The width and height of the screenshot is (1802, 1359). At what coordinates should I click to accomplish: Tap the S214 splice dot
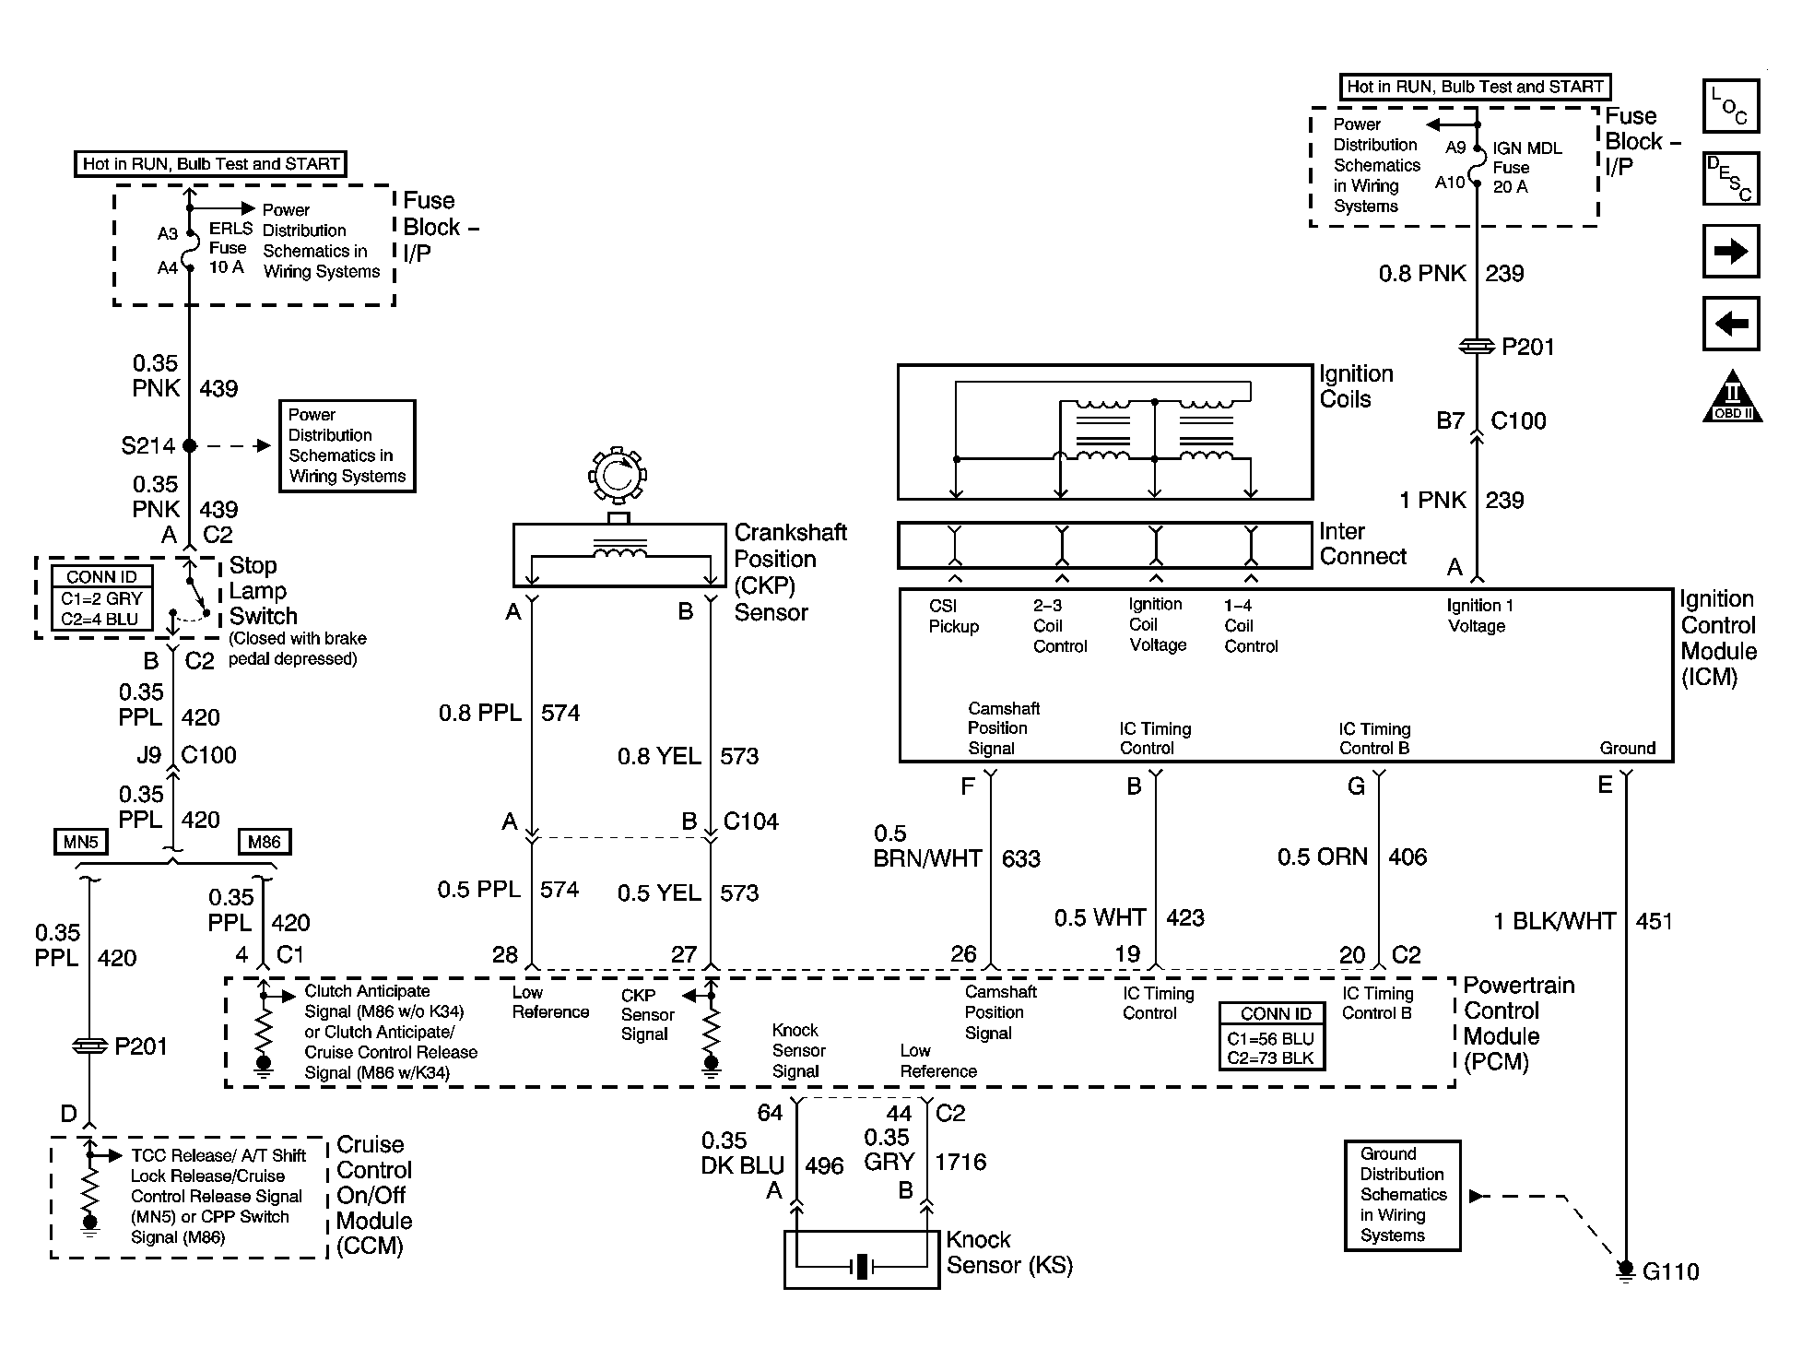(190, 445)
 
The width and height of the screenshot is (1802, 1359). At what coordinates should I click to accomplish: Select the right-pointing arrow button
(1730, 251)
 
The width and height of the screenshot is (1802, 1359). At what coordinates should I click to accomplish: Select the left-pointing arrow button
(1730, 324)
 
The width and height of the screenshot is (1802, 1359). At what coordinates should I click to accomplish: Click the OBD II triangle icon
(1732, 397)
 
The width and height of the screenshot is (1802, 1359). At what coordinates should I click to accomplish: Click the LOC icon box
(1730, 106)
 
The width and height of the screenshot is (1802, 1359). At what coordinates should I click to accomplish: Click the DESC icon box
(1730, 178)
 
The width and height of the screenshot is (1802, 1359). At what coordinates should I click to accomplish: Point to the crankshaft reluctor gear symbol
(618, 476)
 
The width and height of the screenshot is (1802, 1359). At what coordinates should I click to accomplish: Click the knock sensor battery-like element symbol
(862, 1267)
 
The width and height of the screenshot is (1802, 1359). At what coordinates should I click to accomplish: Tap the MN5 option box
(81, 841)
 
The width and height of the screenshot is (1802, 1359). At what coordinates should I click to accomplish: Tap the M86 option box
(265, 841)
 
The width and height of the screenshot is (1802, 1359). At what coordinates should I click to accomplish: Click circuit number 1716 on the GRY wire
(960, 1162)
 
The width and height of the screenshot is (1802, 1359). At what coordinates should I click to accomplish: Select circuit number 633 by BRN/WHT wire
(1020, 859)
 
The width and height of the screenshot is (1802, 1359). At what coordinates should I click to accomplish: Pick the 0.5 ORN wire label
(1322, 857)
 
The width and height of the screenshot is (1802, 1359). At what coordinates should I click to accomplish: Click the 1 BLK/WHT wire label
(1554, 921)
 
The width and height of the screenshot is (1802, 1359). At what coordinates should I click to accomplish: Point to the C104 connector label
(750, 821)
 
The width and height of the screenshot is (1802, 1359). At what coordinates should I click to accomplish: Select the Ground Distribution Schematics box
(1402, 1195)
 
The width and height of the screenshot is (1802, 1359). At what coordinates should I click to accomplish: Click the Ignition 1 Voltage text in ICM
(1478, 616)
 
